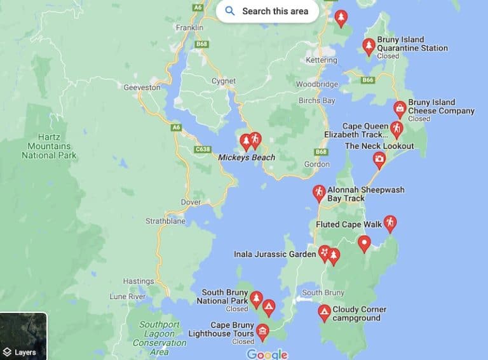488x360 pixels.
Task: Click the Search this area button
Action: (x=267, y=11)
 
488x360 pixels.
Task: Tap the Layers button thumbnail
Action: (x=23, y=337)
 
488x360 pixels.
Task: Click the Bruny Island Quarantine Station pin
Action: (x=369, y=46)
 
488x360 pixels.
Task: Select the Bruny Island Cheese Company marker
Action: (x=400, y=109)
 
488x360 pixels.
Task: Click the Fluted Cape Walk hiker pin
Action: (x=390, y=223)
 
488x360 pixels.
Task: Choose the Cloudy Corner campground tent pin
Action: (x=324, y=312)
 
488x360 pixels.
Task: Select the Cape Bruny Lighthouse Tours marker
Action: (x=262, y=331)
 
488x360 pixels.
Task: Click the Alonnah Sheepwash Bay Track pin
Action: (x=319, y=192)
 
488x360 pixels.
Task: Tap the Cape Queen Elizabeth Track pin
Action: (x=396, y=129)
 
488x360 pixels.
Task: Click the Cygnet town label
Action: (x=223, y=81)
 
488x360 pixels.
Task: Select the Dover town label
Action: (x=191, y=203)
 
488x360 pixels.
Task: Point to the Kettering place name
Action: (x=321, y=60)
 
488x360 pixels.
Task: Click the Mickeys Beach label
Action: (x=247, y=157)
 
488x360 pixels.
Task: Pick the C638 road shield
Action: (x=203, y=149)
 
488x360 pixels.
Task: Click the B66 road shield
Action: (x=367, y=80)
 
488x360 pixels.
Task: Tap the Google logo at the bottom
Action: (x=267, y=354)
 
